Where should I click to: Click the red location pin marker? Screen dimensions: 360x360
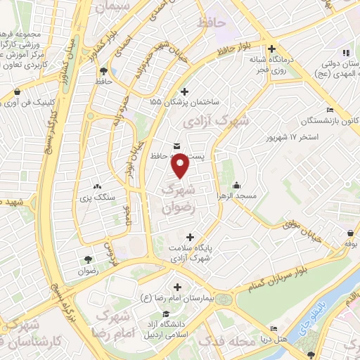pyautogui.click(x=181, y=166)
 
